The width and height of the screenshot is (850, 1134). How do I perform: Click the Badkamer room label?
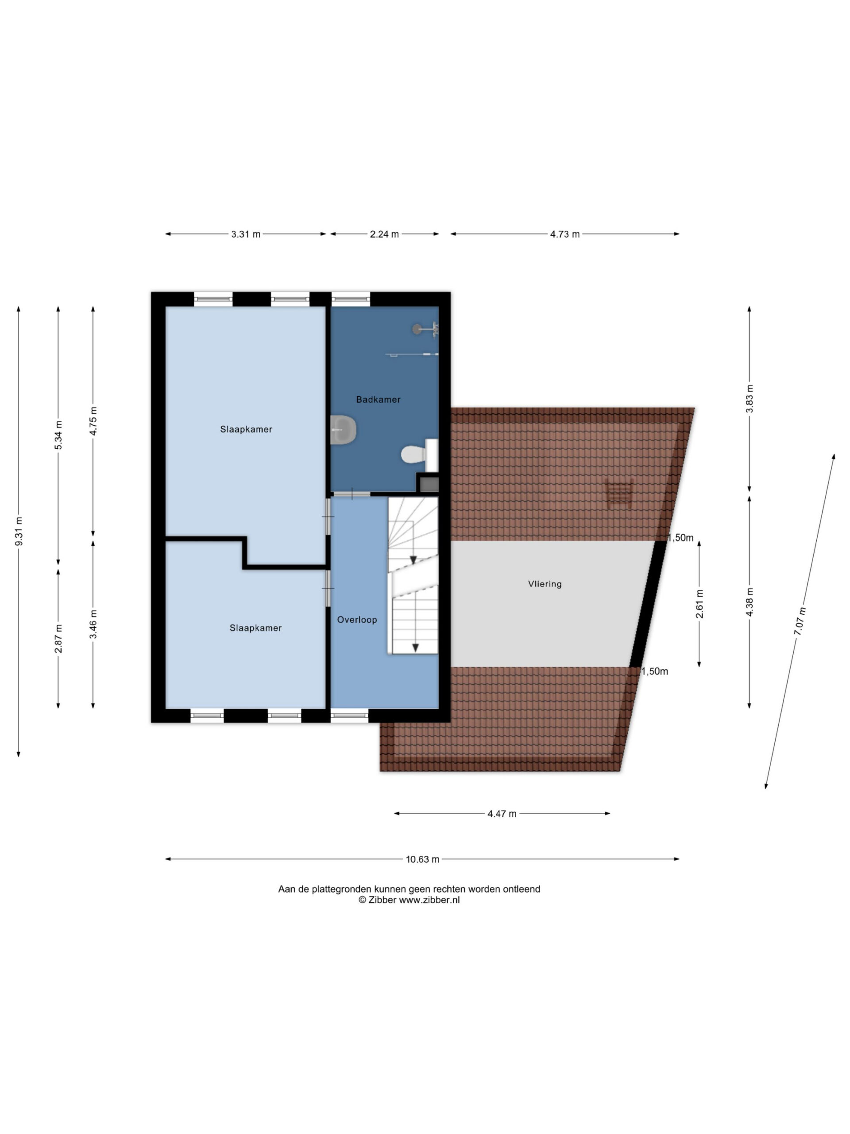coord(378,400)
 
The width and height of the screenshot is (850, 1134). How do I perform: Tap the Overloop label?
coord(357,620)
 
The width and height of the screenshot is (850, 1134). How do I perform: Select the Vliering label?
coord(545,584)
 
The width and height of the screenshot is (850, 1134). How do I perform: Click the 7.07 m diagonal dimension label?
coord(800,621)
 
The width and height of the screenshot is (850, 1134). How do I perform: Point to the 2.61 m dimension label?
coord(699,604)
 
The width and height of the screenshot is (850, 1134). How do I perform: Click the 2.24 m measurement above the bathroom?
coord(384,234)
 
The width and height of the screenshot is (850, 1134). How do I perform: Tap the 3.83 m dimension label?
coord(749,398)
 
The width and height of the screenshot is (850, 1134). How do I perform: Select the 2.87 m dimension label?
coord(58,639)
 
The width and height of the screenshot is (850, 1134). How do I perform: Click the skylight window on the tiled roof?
coord(619,493)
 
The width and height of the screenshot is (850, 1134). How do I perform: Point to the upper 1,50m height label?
coord(680,538)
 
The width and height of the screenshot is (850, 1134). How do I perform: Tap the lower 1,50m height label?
coord(655,672)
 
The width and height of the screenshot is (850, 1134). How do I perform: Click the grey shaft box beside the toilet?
coord(429,484)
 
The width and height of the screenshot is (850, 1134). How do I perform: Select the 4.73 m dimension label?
coord(564,234)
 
